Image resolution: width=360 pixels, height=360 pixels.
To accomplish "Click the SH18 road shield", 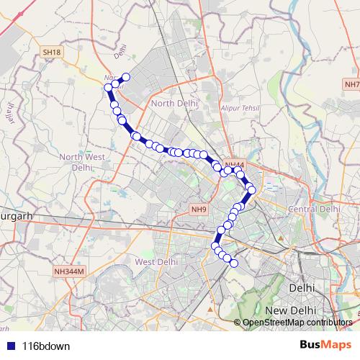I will click(50, 53).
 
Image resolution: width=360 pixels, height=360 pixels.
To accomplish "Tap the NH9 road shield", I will click(199, 209).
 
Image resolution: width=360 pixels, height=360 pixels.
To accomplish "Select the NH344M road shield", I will click(69, 271).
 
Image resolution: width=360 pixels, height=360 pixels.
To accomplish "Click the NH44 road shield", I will click(233, 165).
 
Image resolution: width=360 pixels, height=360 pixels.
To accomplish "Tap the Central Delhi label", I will click(313, 208).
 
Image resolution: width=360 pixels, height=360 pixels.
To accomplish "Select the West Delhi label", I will click(156, 261).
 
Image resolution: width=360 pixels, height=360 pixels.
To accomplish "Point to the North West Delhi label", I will click(83, 161).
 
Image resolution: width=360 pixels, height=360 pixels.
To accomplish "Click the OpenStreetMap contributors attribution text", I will click(297, 322).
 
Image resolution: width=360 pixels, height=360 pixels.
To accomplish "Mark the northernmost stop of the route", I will click(126, 77).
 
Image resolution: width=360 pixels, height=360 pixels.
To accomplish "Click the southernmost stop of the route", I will click(233, 264).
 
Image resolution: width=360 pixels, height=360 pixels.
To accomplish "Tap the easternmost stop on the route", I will click(252, 191).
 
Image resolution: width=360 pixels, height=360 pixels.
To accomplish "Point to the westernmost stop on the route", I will click(109, 87).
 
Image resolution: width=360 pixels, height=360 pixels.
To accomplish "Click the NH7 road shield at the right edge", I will click(351, 85).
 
